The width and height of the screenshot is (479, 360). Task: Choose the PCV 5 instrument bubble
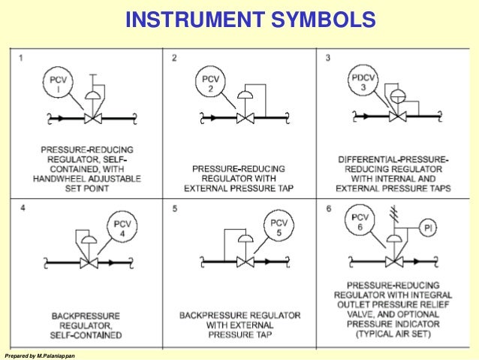point(279,226)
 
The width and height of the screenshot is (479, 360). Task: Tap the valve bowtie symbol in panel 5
point(243,262)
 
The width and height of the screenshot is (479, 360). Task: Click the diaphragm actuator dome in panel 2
point(243,95)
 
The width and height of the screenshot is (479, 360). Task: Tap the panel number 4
point(23,207)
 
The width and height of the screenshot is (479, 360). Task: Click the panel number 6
point(328,207)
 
